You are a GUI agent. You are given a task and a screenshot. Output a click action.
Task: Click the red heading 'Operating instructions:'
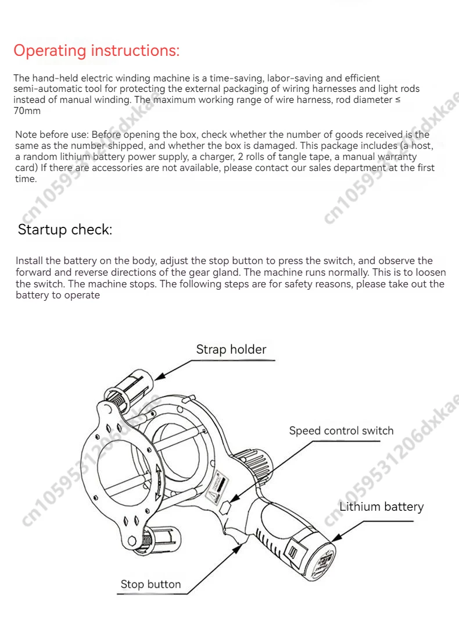pyautogui.click(x=96, y=51)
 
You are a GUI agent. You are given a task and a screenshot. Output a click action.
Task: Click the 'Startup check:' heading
pyautogui.click(x=64, y=229)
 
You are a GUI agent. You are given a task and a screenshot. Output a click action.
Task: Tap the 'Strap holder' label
pyautogui.click(x=231, y=350)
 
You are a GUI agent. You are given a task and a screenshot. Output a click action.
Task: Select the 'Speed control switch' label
pyautogui.click(x=341, y=431)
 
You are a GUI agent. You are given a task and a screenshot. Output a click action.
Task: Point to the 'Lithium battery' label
pyautogui.click(x=381, y=507)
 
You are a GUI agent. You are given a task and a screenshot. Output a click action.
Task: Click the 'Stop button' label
pyautogui.click(x=150, y=584)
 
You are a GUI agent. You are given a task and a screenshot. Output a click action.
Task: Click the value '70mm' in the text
pyautogui.click(x=27, y=111)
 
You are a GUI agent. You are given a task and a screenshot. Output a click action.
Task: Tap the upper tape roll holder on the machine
pyautogui.click(x=132, y=384)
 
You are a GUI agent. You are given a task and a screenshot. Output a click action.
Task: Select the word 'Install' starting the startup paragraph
pyautogui.click(x=28, y=261)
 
